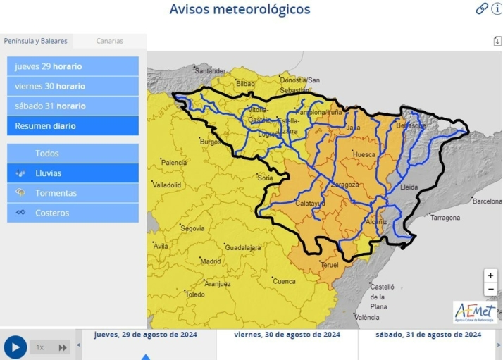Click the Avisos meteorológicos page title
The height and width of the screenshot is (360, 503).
pyautogui.click(x=240, y=9)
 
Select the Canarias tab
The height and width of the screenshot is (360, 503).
pyautogui.click(x=109, y=41)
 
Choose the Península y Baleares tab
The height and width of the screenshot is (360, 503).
pyautogui.click(x=36, y=41)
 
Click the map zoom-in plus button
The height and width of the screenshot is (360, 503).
pyautogui.click(x=490, y=275)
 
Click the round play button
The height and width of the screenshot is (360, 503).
pyautogui.click(x=15, y=347)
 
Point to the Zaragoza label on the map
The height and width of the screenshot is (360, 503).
pyautogui.click(x=344, y=185)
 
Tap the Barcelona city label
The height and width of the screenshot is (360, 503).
pyautogui.click(x=487, y=201)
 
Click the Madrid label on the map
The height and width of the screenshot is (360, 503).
pyautogui.click(x=210, y=261)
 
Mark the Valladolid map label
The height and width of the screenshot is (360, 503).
pyautogui.click(x=167, y=185)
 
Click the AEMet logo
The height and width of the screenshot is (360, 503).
pyautogui.click(x=475, y=311)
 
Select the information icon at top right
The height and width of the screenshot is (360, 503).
pyautogui.click(x=497, y=8)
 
